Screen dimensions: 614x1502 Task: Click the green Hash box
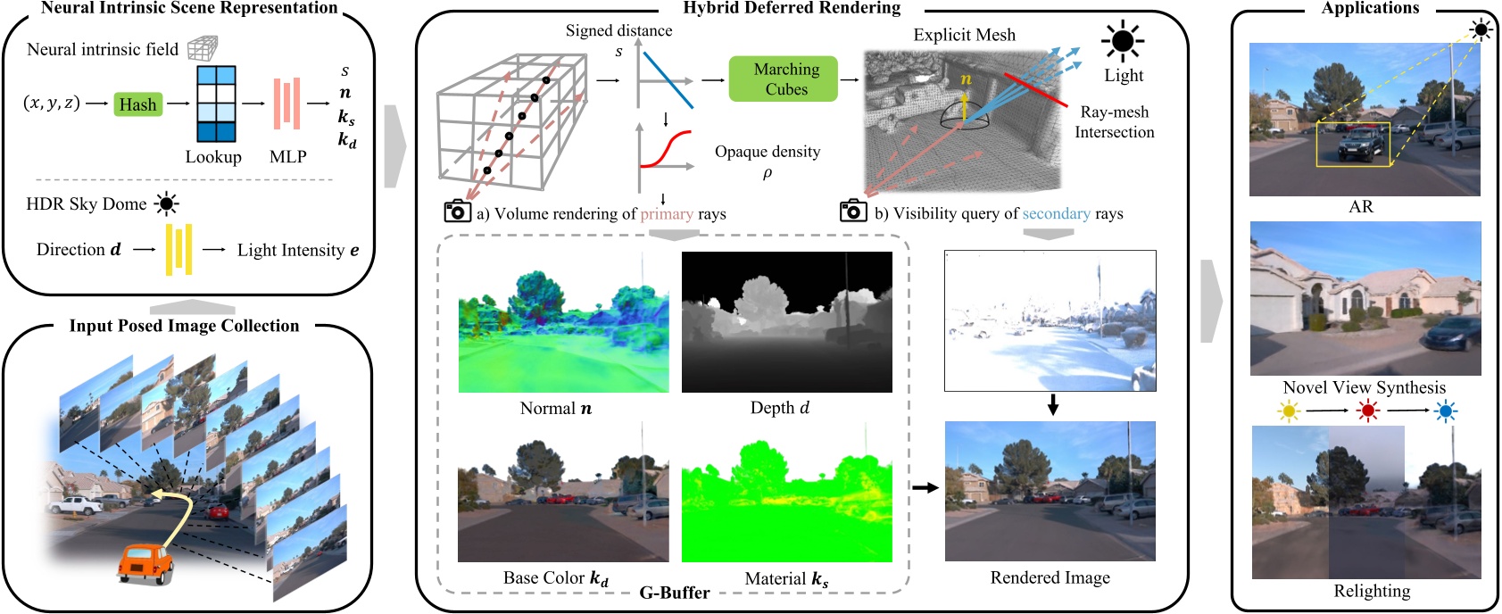pyautogui.click(x=137, y=104)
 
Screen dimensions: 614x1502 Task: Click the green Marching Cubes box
pyautogui.click(x=785, y=79)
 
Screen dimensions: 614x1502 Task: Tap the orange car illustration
pyautogui.click(x=145, y=563)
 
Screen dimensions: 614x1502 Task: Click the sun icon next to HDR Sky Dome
pyautogui.click(x=166, y=204)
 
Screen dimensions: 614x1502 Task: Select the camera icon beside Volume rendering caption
pyautogui.click(x=457, y=212)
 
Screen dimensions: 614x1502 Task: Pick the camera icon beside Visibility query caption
pyautogui.click(x=853, y=212)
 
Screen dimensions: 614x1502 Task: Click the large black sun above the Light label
pyautogui.click(x=1122, y=41)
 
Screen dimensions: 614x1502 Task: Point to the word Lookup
pyautogui.click(x=213, y=157)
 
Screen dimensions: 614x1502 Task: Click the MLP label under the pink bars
pyautogui.click(x=287, y=157)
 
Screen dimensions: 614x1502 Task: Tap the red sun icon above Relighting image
pyautogui.click(x=1367, y=411)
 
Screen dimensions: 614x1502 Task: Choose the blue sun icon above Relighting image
pyautogui.click(x=1446, y=411)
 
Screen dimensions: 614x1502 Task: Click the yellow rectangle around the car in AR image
pyautogui.click(x=1353, y=145)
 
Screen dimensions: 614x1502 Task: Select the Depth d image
pyautogui.click(x=786, y=322)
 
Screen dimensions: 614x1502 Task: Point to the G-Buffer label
pyautogui.click(x=675, y=593)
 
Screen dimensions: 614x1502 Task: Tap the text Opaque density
pyautogui.click(x=767, y=152)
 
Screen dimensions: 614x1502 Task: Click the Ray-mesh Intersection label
pyautogui.click(x=1114, y=122)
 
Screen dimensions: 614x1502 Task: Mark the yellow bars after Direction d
pyautogui.click(x=178, y=249)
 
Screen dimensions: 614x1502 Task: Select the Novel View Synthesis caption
pyautogui.click(x=1364, y=387)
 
